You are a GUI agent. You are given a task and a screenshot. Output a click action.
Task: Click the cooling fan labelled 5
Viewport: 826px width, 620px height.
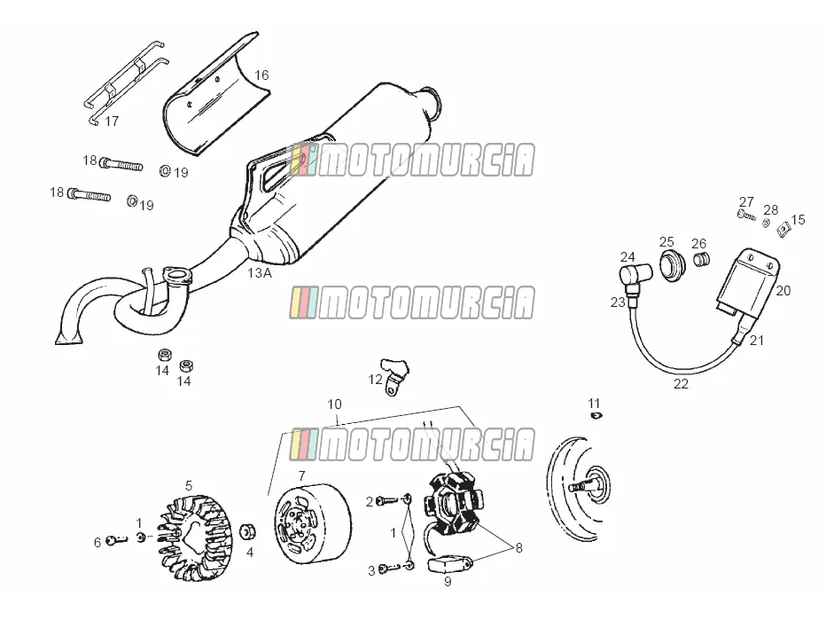pos(191,538)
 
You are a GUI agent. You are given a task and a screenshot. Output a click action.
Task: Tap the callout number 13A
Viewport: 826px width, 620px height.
pos(260,273)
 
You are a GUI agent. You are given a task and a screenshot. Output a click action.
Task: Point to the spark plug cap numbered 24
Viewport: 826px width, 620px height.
pos(635,276)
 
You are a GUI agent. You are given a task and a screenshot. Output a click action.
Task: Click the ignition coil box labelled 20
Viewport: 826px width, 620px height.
pos(747,282)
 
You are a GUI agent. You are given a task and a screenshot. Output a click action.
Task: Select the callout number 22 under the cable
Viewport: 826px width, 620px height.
pos(681,384)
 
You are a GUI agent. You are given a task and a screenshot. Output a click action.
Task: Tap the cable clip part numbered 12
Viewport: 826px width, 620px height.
pos(394,375)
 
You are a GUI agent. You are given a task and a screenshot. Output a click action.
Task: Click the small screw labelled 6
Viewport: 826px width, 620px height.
pos(117,540)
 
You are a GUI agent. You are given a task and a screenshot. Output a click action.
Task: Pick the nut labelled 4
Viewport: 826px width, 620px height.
pos(248,532)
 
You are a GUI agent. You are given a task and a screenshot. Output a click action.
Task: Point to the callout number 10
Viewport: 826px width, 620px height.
pos(334,404)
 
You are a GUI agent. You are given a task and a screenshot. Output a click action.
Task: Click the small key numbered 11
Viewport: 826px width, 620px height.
pos(596,416)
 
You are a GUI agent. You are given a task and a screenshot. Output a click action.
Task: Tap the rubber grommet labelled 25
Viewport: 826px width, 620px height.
pos(673,266)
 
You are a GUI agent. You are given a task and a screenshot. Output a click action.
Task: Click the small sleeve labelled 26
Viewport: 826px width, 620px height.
pos(701,259)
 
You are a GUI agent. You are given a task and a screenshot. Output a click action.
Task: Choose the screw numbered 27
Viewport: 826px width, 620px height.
pos(746,215)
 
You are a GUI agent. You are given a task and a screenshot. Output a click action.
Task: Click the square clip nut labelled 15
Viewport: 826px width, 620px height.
pos(783,229)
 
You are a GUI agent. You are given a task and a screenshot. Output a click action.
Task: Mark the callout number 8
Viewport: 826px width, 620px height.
pos(518,548)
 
